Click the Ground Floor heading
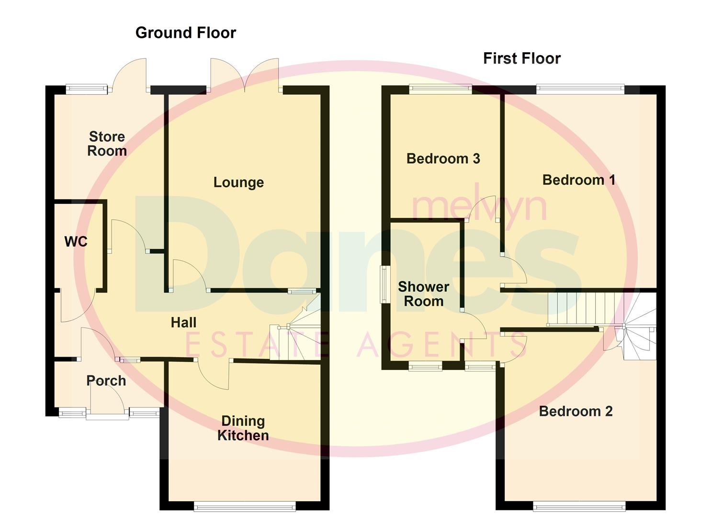[x=185, y=33]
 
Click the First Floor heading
[x=521, y=58]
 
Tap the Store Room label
[x=107, y=144]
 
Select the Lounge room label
[x=238, y=182]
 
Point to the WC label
[x=76, y=242]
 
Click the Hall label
[x=183, y=323]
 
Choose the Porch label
[x=106, y=381]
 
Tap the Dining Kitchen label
[x=243, y=428]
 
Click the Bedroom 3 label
[x=443, y=159]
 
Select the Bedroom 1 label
[x=578, y=180]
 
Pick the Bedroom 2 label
[x=576, y=412]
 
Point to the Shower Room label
[x=423, y=294]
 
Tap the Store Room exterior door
[x=130, y=75]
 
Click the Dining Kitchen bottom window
[x=245, y=506]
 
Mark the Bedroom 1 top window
[x=580, y=89]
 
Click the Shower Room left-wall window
[x=384, y=284]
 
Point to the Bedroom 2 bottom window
[x=579, y=506]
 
